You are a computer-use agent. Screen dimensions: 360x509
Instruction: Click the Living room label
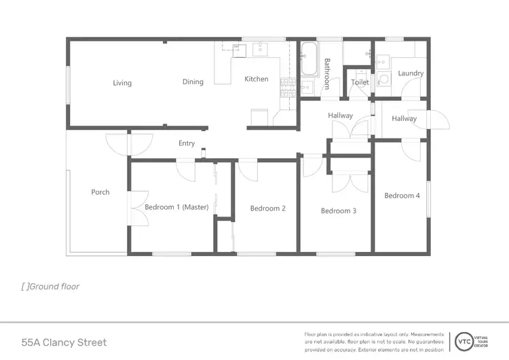[122, 83]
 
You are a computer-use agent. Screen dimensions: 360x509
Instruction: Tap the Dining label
[193, 82]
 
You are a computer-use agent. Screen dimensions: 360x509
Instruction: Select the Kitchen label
[257, 79]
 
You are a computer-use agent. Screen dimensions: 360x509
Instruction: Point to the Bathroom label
[326, 73]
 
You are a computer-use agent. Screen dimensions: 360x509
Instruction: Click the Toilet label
[360, 83]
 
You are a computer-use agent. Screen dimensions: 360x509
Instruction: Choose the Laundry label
[411, 73]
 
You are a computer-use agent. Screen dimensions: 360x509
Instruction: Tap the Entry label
[187, 143]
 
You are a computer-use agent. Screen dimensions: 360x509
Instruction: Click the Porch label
[100, 192]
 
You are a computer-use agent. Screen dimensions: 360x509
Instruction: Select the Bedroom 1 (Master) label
[176, 207]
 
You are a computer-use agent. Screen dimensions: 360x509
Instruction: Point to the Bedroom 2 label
[267, 209]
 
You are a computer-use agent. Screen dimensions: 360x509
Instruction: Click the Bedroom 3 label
[339, 211]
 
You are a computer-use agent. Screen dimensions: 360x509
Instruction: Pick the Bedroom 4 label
[402, 196]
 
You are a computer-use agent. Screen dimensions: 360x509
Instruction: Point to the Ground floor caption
[50, 287]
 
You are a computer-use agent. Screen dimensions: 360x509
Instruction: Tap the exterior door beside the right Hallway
[440, 121]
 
